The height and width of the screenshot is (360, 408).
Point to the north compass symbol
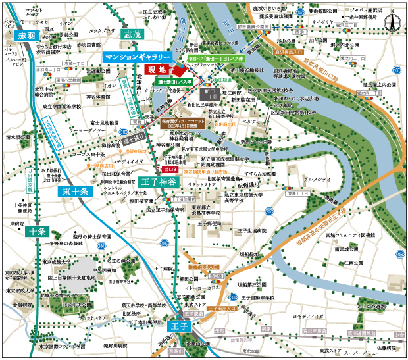393,20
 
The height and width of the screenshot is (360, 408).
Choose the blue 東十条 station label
77,192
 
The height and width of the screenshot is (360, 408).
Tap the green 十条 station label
37,231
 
